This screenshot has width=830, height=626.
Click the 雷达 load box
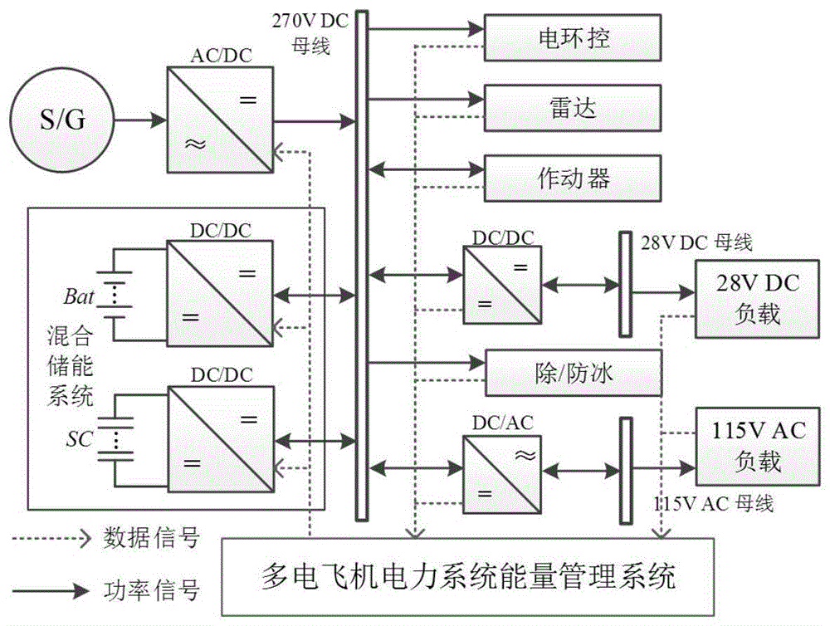(573, 108)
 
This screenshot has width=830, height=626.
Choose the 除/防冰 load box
(573, 371)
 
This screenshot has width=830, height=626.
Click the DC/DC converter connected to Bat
(220, 293)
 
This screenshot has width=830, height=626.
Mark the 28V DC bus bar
(625, 286)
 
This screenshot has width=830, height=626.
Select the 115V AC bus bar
(625, 471)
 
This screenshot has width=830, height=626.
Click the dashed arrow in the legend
(51, 540)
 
